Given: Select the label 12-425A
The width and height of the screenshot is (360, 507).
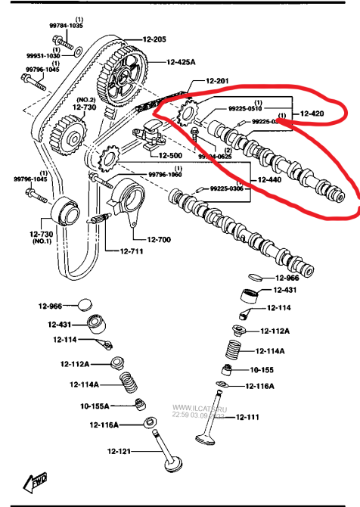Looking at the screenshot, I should tap(182, 62).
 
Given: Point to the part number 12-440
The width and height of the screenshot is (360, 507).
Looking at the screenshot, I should tap(268, 181).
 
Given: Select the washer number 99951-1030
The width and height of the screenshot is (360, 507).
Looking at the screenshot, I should tap(42, 55).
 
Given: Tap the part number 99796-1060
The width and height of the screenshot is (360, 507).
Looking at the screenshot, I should tap(165, 175).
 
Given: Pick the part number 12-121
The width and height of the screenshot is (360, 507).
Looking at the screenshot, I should tap(119, 452).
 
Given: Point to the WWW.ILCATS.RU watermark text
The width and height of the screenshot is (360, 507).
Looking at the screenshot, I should tap(199, 406).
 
